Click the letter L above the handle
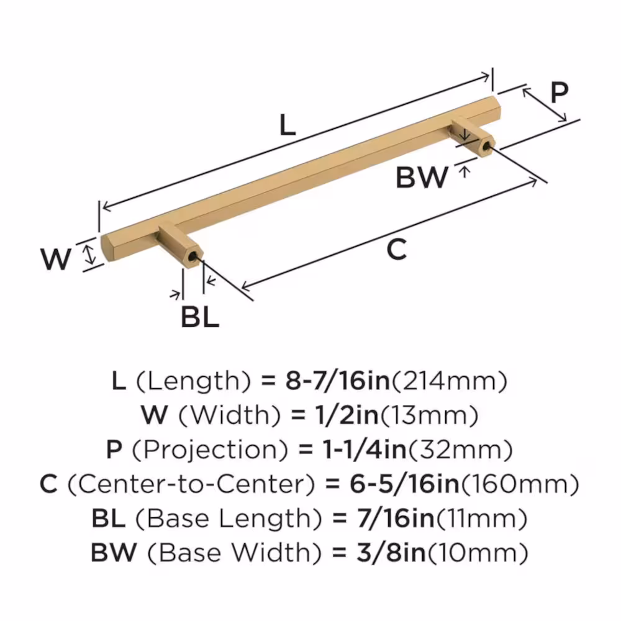click(286, 127)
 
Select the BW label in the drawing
click(422, 178)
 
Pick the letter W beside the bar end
click(56, 258)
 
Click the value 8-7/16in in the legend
click(337, 381)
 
